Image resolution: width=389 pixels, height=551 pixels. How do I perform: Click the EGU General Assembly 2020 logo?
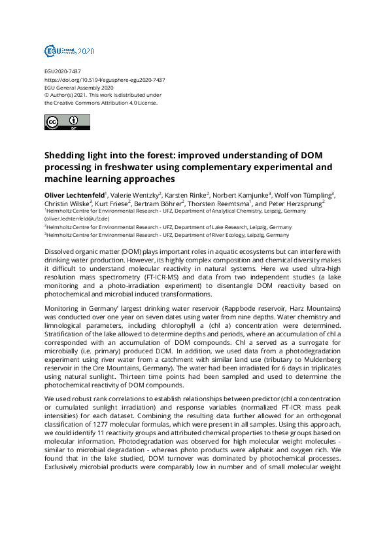pos(69,51)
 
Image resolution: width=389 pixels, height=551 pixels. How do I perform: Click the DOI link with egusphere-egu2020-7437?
pos(104,79)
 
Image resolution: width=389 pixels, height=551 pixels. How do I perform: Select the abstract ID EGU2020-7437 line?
pos(63,71)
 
